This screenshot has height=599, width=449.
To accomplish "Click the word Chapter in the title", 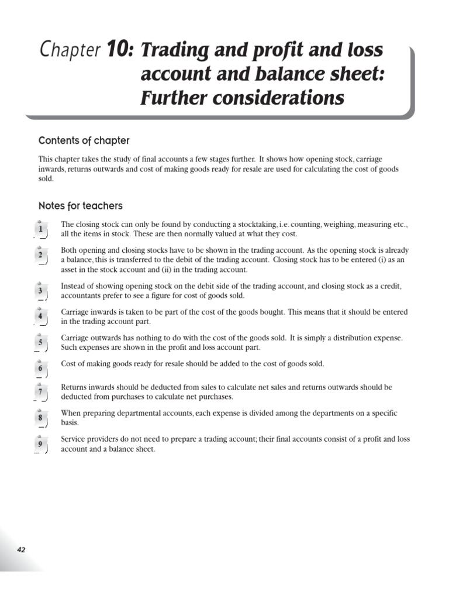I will click(70, 51).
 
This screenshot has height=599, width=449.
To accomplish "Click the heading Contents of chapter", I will click(84, 140).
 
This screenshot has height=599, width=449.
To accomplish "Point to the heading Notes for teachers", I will click(80, 206).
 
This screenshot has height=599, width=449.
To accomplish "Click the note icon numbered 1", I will click(41, 229).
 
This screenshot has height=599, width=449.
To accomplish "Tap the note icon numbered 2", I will click(41, 255).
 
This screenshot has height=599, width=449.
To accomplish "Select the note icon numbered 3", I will click(41, 291).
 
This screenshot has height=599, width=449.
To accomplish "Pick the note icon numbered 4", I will click(41, 316).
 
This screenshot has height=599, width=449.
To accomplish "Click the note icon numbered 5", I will click(41, 343).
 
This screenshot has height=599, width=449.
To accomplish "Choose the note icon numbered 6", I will click(41, 369).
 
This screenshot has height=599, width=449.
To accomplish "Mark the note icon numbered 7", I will click(41, 392).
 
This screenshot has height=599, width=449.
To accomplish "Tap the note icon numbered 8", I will click(41, 418).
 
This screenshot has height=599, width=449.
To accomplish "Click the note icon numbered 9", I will click(41, 443).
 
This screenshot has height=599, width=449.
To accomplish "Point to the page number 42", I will click(21, 549).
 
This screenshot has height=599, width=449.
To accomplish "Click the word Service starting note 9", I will click(72, 439).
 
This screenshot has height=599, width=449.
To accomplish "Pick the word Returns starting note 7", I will click(74, 387).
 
